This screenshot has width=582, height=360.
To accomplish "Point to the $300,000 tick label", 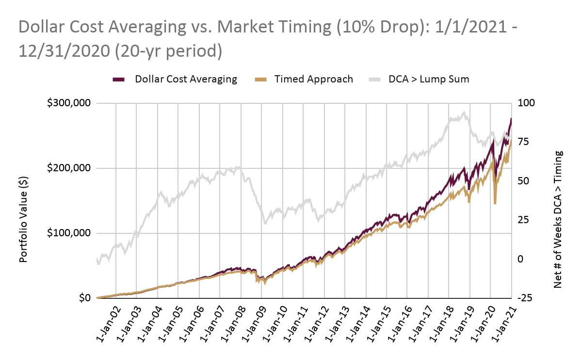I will [x=69, y=103].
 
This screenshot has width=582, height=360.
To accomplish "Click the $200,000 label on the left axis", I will [x=69, y=168].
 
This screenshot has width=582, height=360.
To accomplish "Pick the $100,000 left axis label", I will [x=69, y=233].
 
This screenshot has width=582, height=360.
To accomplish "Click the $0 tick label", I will [x=85, y=298].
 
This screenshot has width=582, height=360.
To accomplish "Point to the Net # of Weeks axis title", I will [x=558, y=219].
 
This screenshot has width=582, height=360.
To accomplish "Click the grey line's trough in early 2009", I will [x=265, y=224].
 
